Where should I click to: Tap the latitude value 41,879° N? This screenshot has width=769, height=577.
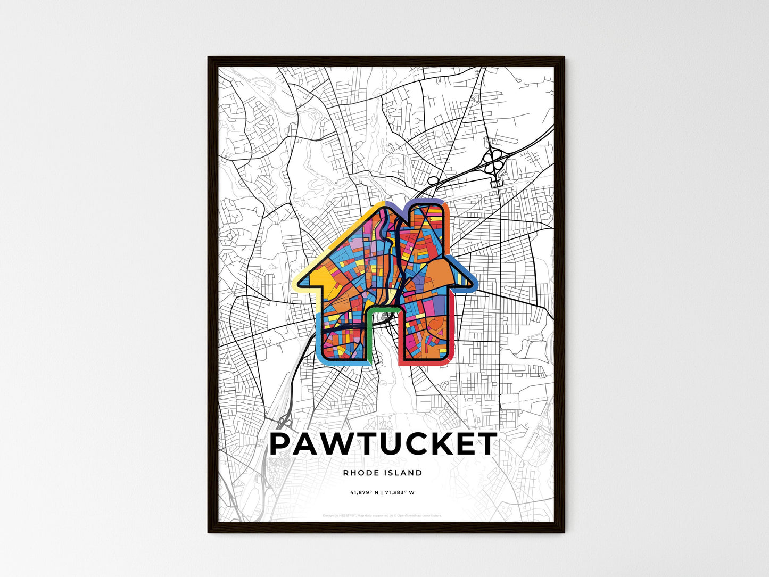pos(364,492)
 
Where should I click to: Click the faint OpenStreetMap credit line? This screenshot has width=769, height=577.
pos(382,515)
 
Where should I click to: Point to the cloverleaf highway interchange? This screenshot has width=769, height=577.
pos(493,159)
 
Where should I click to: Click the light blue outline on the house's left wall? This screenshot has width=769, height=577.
pos(319,335)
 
